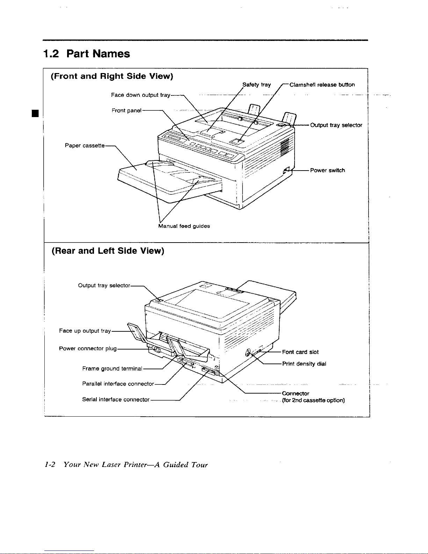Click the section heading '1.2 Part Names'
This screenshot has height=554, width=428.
click(86, 54)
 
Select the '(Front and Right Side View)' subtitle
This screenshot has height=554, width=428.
click(112, 76)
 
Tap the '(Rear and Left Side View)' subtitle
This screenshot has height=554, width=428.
click(108, 251)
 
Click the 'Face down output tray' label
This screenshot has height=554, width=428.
click(140, 95)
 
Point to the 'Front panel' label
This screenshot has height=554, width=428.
click(126, 110)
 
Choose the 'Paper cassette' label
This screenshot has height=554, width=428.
click(85, 145)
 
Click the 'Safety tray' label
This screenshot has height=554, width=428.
click(256, 85)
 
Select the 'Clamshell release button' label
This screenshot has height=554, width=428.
click(322, 85)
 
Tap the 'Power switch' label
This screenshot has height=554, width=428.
click(327, 170)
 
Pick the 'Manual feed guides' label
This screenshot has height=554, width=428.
click(184, 226)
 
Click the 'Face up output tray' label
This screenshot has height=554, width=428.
click(85, 331)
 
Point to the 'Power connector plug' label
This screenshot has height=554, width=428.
click(88, 348)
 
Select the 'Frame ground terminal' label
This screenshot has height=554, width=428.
click(112, 368)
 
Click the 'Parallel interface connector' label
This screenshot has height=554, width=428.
click(118, 384)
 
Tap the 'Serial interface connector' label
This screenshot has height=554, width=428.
click(116, 399)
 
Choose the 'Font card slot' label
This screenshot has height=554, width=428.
click(300, 352)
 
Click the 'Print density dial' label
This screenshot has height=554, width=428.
click(304, 364)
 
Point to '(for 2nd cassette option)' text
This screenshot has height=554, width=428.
click(313, 400)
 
